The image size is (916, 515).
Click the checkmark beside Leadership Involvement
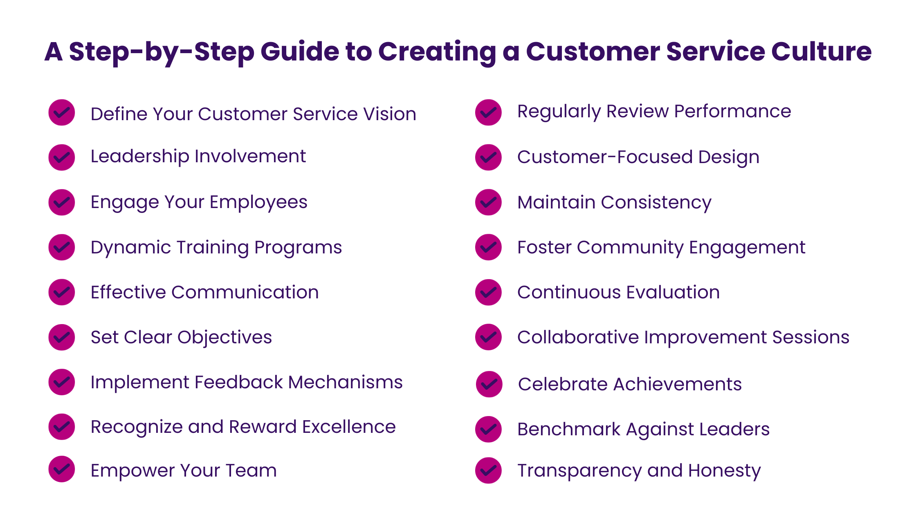tap(62, 157)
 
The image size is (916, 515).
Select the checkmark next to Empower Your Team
tap(62, 469)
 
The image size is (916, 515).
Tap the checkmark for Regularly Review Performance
tap(488, 112)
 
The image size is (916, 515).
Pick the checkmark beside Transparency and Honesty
tap(488, 470)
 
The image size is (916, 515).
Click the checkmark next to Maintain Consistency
tap(488, 202)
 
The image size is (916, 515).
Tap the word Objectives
tap(225, 338)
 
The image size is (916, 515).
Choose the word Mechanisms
tap(346, 382)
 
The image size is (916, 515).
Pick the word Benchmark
tap(569, 429)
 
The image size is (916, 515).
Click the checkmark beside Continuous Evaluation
tap(488, 292)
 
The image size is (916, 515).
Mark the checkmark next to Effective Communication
tap(62, 292)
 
